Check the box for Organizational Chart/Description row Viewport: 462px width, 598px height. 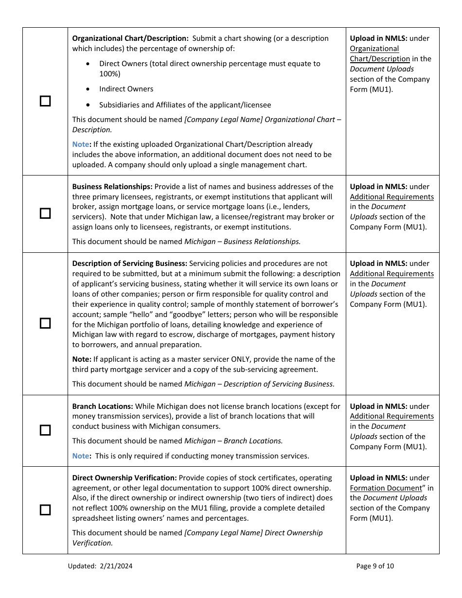(x=45, y=101)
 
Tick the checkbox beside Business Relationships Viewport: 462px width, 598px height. (x=45, y=213)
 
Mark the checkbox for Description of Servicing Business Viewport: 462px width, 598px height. (x=45, y=323)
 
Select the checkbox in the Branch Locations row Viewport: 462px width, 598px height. (x=45, y=430)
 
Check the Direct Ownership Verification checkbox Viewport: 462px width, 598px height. (x=45, y=510)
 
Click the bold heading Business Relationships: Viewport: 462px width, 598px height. (x=112, y=187)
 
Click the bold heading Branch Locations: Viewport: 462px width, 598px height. (x=103, y=406)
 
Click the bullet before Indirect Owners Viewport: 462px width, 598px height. (x=88, y=89)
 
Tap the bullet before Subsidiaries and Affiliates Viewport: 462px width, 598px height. (x=88, y=105)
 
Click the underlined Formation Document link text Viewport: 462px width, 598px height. (x=386, y=488)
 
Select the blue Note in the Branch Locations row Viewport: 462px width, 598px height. (x=81, y=456)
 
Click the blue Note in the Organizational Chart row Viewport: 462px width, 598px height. (x=81, y=144)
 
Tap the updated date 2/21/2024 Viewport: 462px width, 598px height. (x=116, y=566)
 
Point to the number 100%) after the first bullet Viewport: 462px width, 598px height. (x=110, y=74)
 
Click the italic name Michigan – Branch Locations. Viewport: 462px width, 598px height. (x=233, y=441)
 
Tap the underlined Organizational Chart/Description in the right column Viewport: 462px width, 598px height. (x=379, y=54)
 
